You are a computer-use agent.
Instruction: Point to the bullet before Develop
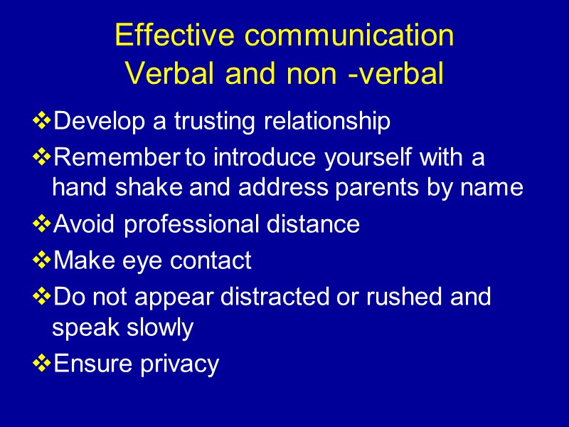(42, 122)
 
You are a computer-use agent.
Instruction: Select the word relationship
(327, 122)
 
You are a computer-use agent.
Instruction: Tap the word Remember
(117, 157)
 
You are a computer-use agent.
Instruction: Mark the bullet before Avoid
(42, 225)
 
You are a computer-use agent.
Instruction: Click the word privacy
(179, 364)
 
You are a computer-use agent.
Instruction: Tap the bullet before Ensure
(42, 364)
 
